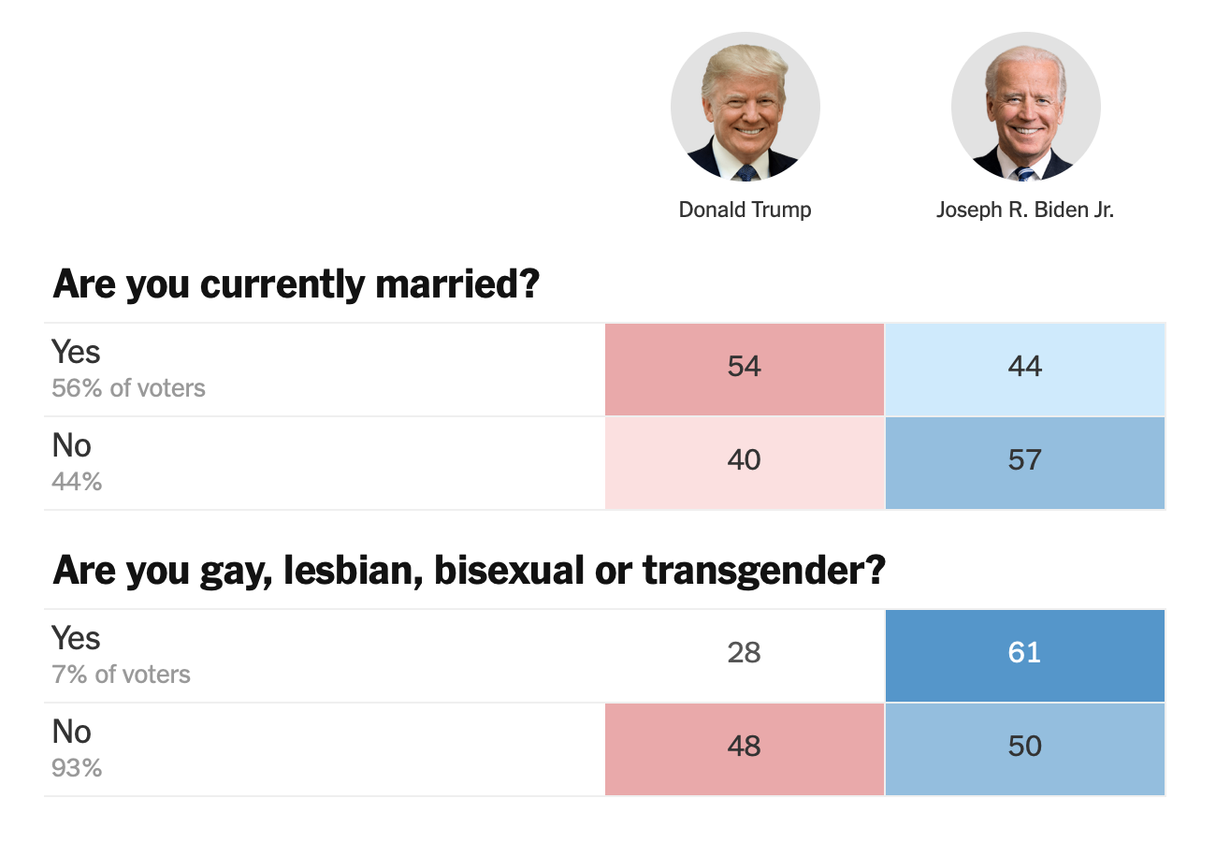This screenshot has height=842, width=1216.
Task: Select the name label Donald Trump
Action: (745, 210)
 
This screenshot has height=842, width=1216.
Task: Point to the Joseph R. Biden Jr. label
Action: (1025, 210)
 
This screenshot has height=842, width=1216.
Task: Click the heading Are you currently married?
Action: (297, 283)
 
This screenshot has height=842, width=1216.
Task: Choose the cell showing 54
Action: (745, 367)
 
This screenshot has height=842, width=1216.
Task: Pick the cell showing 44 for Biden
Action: (1025, 367)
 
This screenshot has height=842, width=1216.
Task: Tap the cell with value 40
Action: (745, 460)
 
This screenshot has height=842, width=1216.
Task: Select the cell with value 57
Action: (1025, 460)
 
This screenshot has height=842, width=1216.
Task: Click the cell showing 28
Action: (745, 653)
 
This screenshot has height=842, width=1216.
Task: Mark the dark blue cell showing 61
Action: (1025, 653)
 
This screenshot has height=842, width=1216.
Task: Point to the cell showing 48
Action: (745, 747)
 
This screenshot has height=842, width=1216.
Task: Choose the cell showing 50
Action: (1025, 747)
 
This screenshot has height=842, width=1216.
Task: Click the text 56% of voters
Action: (128, 388)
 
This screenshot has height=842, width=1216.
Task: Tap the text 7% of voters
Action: (121, 675)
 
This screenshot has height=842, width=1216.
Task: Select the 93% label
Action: (77, 768)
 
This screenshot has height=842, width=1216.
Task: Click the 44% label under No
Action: (77, 482)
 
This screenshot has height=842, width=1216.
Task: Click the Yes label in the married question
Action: (76, 353)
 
